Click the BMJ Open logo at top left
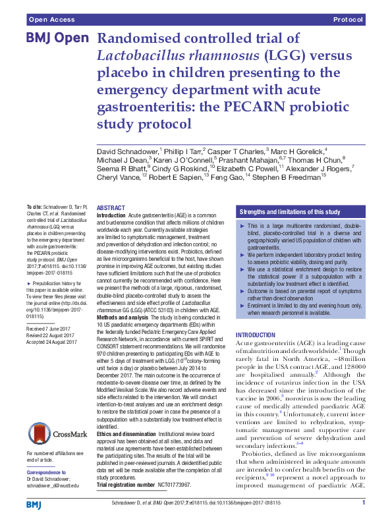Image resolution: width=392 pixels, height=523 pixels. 57,38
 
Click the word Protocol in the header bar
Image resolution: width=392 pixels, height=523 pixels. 349,20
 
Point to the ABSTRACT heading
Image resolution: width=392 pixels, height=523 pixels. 111,207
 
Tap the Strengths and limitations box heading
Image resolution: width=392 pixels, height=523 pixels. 290,212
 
